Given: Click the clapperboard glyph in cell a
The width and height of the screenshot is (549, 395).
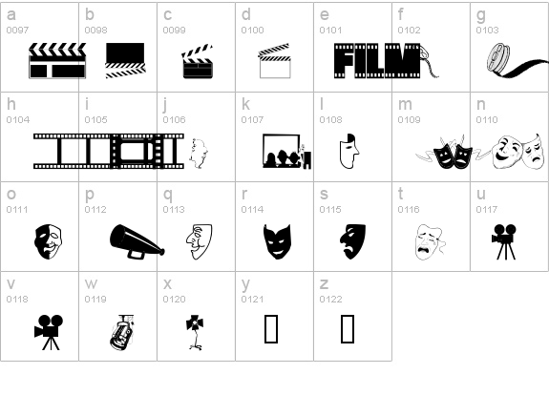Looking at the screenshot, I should [x=57, y=60].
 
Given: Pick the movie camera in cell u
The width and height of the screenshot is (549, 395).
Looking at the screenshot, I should [x=505, y=240].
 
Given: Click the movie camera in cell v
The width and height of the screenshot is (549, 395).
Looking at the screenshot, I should [x=48, y=330].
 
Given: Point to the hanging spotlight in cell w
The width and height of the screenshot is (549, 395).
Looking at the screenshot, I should [x=121, y=330].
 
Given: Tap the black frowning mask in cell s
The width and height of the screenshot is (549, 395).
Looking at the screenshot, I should [x=353, y=240].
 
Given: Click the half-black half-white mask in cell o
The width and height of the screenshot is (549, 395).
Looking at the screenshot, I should [x=48, y=240].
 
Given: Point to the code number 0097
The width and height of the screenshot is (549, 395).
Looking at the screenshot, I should [x=16, y=31].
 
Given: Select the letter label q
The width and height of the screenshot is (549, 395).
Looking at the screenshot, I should [x=167, y=194].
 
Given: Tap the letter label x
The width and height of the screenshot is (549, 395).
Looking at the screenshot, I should [x=167, y=283].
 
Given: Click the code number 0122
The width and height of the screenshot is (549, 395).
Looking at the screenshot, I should [x=329, y=300].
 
